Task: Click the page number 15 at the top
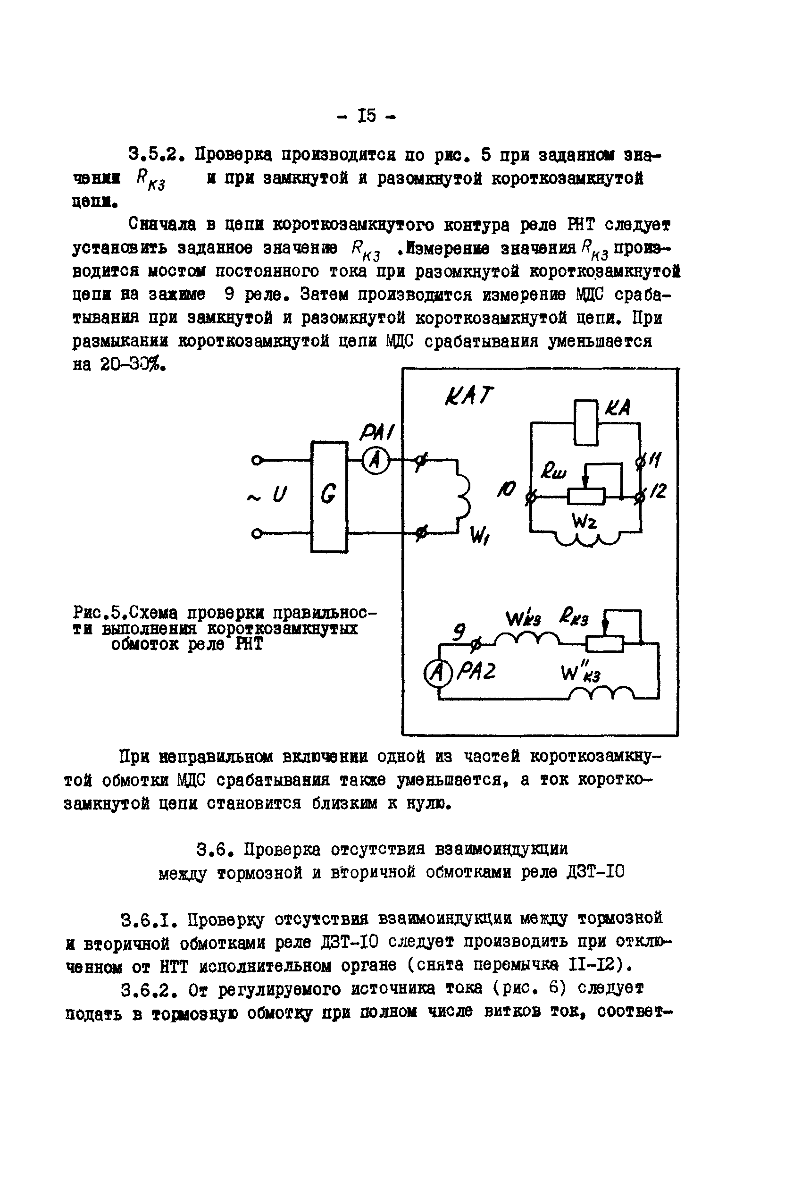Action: pos(367,116)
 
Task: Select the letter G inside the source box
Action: pos(328,495)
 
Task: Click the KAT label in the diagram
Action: pos(468,396)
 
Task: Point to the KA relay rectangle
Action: pos(586,422)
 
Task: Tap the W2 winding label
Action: pos(584,522)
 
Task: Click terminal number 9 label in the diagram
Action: pos(459,632)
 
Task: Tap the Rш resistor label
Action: pos(552,472)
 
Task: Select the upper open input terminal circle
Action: pos(256,460)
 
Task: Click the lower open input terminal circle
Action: pos(256,534)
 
